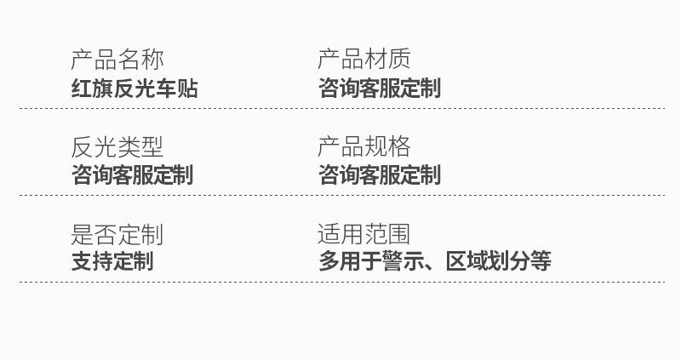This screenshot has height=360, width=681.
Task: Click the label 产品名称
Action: coord(117,60)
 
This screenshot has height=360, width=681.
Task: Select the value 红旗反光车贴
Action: coord(134,88)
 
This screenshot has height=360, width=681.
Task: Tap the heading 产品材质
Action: coord(363,60)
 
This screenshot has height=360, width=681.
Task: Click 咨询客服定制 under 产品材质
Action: coord(379,88)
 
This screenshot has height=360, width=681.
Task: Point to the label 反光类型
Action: coord(117,147)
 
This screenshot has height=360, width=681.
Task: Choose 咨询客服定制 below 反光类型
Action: coord(132,175)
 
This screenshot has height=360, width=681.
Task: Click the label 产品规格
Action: coord(363,147)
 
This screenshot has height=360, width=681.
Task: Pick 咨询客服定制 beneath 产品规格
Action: coord(379,175)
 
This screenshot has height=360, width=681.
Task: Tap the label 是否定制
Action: coord(117,234)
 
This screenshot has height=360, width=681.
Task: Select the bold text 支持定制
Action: coord(112,261)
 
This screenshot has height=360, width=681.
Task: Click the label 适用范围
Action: coord(363,234)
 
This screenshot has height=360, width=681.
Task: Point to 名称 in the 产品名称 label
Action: coord(140,60)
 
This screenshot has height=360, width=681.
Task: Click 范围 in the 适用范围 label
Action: coord(387,234)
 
